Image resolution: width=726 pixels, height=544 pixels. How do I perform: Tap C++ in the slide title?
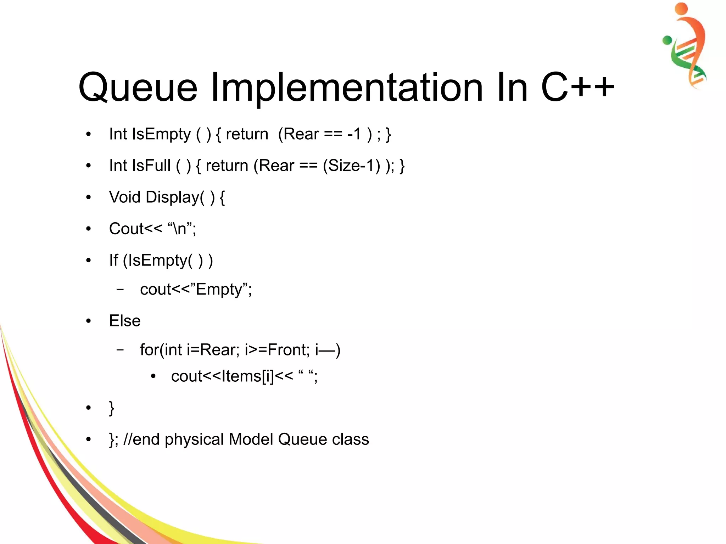click(577, 87)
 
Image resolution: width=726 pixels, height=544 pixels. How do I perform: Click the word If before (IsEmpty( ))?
click(113, 260)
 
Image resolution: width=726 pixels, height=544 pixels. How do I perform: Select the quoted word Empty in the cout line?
click(219, 290)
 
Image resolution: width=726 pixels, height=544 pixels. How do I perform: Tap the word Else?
click(125, 321)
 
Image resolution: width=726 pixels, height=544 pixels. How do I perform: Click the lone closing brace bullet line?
click(112, 408)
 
